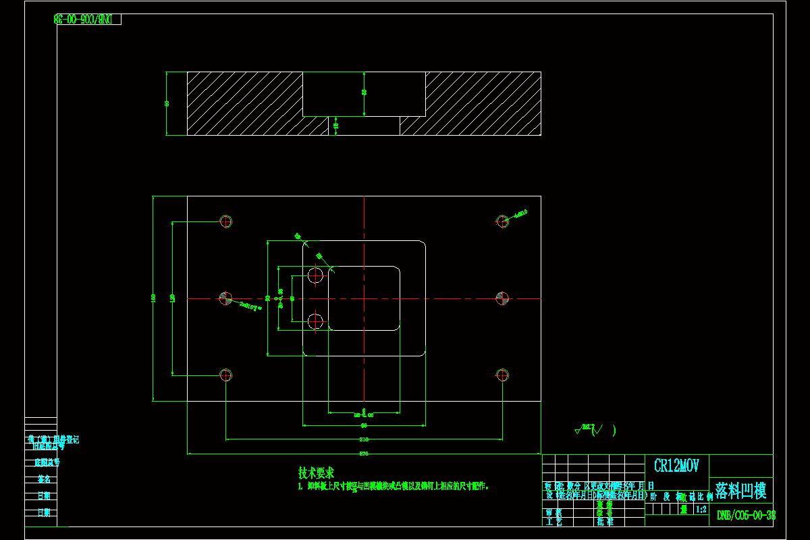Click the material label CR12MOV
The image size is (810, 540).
pos(676,466)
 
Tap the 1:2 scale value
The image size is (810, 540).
pos(701,510)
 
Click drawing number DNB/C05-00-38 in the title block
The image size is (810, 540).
pos(745,515)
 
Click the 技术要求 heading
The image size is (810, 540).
pos(316,473)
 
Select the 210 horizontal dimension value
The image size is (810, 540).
pos(363,439)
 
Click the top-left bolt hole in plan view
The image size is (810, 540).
pos(225,221)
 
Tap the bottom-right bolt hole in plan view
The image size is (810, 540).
pos(502,375)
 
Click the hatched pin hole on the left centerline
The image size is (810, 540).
pos(225,298)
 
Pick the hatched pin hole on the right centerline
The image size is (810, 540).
pos(502,298)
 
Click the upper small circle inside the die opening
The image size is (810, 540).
pos(315,275)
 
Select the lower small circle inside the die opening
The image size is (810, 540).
pos(315,322)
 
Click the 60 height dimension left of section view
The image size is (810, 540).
pos(167,103)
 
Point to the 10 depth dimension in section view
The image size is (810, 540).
pos(335,126)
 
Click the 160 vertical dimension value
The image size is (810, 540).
pos(154,298)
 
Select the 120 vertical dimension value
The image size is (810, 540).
pos(173,298)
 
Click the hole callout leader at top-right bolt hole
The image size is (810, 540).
pos(519,213)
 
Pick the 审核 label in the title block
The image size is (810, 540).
pos(553,513)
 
